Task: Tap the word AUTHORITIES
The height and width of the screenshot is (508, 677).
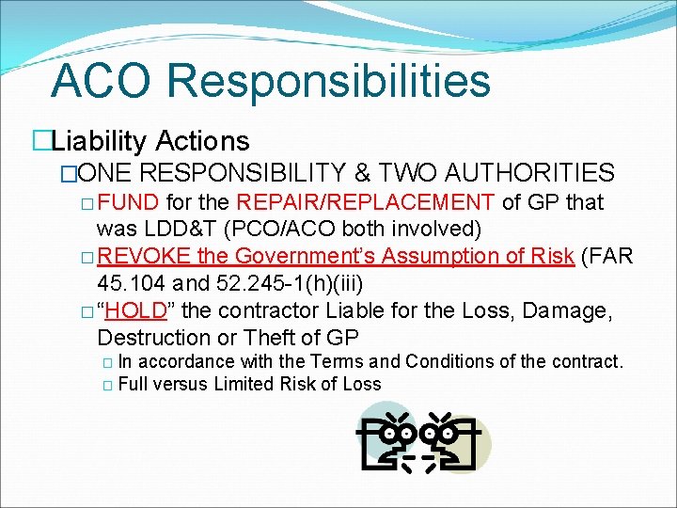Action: (x=529, y=173)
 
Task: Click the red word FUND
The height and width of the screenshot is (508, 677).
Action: (x=131, y=202)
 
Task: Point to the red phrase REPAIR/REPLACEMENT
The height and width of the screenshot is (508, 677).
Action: (x=366, y=202)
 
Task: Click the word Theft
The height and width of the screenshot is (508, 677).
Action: (x=277, y=337)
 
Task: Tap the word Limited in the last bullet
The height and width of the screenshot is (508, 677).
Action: (x=246, y=384)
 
